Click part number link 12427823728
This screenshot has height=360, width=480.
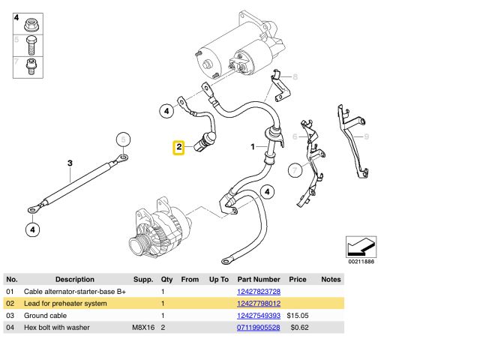point(259,291)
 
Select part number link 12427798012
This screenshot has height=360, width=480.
point(259,303)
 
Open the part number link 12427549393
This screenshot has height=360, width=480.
point(259,316)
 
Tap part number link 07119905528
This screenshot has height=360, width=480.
point(259,328)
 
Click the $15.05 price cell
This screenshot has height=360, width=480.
point(299,316)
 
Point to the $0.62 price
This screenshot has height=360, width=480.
point(299,328)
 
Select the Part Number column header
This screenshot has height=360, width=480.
point(259,279)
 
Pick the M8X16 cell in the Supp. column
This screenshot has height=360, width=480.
point(142,328)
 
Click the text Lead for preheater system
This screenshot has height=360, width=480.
point(66,303)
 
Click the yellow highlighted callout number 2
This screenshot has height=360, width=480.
point(179,148)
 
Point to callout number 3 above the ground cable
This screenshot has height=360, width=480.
point(70,163)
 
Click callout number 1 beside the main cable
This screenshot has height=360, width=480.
point(253,147)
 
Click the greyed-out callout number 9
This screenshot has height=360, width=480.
point(367,136)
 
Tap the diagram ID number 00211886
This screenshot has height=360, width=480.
point(361,261)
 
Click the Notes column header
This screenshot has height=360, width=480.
point(331,279)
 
